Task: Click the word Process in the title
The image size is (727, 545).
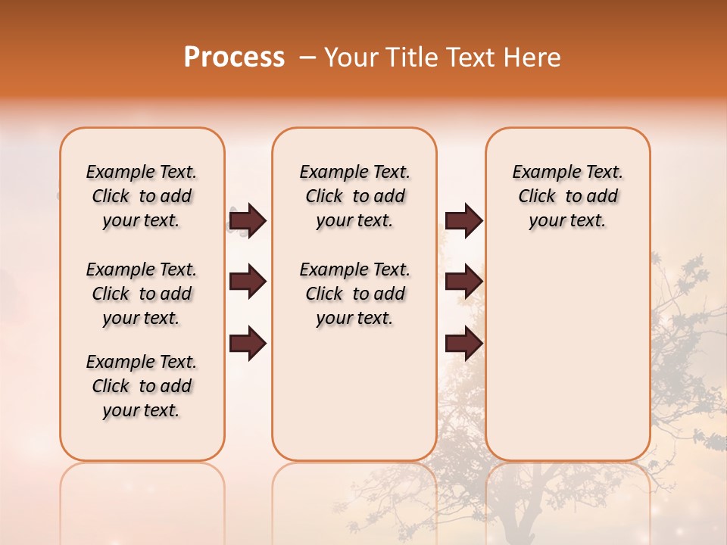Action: coord(234,58)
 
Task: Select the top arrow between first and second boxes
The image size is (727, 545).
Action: coord(248,220)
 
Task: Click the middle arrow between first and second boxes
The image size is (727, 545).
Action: coord(248,282)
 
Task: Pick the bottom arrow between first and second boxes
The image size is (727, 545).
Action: coord(248,344)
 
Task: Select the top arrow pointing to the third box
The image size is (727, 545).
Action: coord(463,220)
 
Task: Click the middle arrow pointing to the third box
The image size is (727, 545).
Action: coord(463,282)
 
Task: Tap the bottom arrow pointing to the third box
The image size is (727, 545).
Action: coord(463,344)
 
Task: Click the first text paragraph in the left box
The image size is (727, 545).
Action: coord(142,196)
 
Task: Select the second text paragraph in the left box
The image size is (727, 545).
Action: coord(142,294)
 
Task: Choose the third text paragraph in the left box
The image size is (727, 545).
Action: coord(142,386)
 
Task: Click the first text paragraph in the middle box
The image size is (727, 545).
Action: coord(354,196)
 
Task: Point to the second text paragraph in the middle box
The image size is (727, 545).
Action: coord(354,294)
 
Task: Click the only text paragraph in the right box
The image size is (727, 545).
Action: coord(567,196)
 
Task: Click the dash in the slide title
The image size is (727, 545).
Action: coord(307,58)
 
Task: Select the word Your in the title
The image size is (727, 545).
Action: coord(350,58)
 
